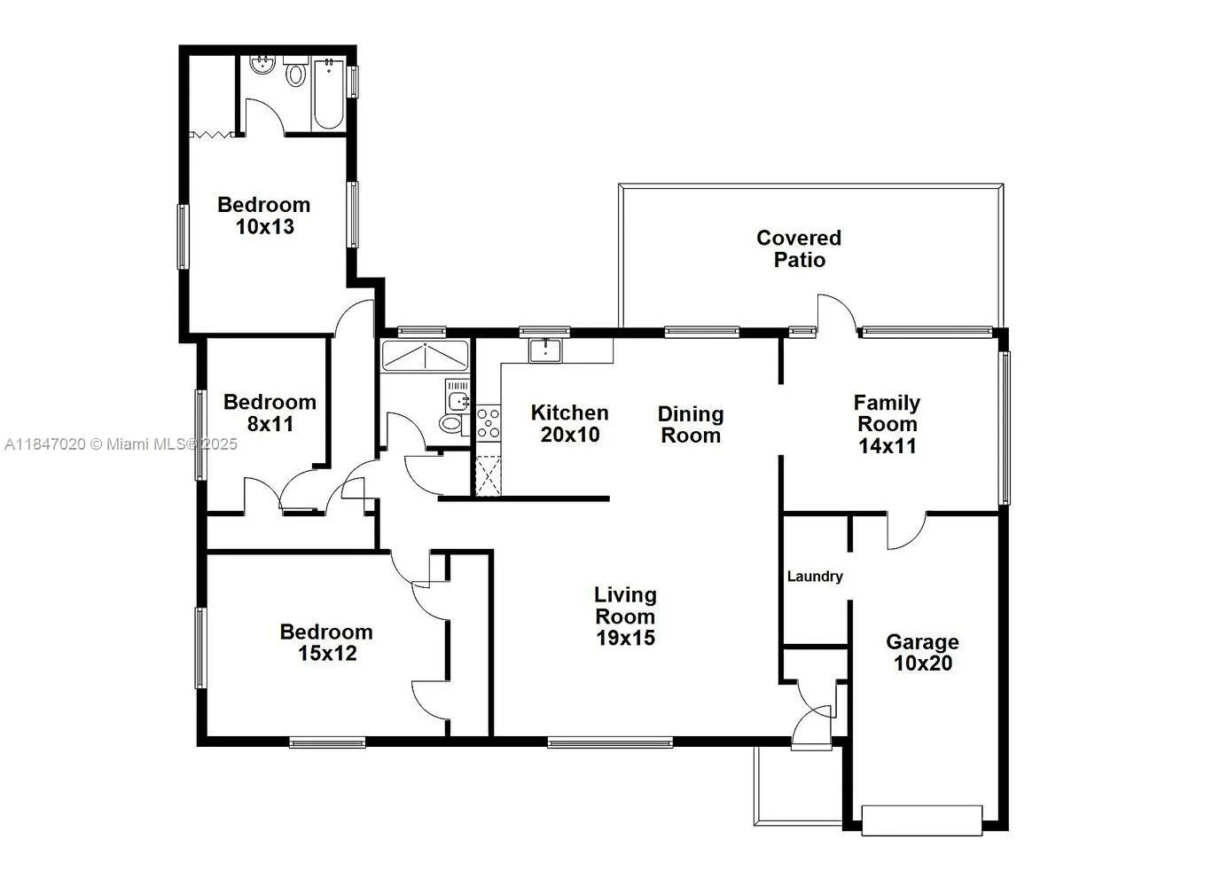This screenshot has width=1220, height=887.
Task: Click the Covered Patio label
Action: (x=798, y=248)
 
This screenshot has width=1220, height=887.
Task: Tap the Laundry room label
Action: (x=814, y=577)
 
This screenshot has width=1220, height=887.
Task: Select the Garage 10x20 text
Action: (x=922, y=652)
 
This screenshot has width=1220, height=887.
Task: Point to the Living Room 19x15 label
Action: (x=625, y=616)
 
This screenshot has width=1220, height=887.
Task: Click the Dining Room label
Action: (x=690, y=424)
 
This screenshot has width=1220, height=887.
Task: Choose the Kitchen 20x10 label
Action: (x=569, y=423)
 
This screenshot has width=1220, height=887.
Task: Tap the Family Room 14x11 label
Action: (x=887, y=424)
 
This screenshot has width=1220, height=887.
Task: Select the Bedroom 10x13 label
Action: (x=264, y=216)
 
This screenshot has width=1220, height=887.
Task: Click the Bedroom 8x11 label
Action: (x=270, y=412)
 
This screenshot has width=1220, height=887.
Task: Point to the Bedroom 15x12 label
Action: (x=325, y=642)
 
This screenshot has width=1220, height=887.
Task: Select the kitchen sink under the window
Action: (x=544, y=350)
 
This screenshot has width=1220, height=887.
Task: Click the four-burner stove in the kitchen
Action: (x=489, y=423)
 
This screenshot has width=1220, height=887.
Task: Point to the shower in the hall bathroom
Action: (x=425, y=356)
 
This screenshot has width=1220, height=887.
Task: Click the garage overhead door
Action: (x=921, y=820)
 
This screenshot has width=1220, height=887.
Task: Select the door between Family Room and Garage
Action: (x=905, y=530)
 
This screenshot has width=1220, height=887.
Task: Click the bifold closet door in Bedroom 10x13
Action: (x=212, y=135)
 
